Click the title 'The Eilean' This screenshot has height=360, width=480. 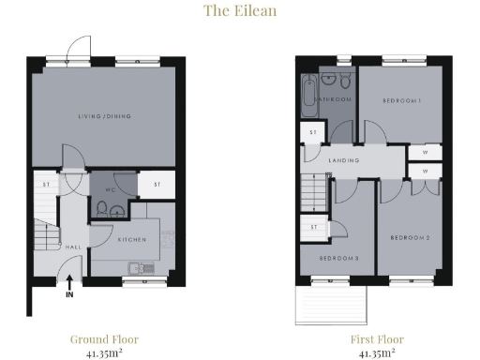[x=239, y=11]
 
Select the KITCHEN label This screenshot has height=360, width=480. [x=131, y=241]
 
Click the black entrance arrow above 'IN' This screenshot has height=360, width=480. [x=70, y=279]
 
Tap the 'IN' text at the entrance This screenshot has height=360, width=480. [x=70, y=294]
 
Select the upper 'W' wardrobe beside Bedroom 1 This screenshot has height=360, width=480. [x=425, y=152]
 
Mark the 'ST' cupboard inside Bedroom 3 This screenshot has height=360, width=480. [x=313, y=227]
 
